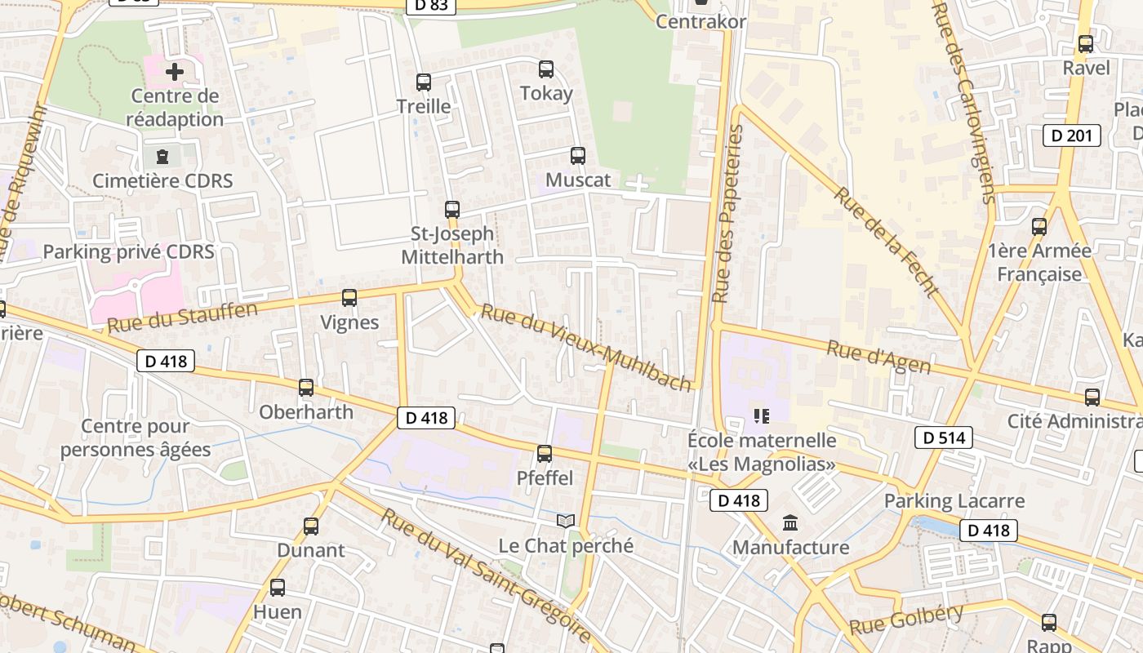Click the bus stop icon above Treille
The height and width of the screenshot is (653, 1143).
point(423,82)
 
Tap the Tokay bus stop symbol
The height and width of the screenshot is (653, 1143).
point(546,69)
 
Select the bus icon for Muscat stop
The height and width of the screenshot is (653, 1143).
point(578,156)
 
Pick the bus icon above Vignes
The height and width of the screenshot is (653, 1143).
point(349,298)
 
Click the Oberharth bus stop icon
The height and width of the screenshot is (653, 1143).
point(306,388)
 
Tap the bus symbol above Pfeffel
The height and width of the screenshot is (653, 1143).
point(545,454)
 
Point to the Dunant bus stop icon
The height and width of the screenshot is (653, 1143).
point(311,526)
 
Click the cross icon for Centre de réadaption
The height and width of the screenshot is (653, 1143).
point(175,72)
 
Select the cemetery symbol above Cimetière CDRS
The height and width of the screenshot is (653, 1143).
point(162,156)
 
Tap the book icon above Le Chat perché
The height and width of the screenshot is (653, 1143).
point(566,521)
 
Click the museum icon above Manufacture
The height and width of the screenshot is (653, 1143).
point(790,522)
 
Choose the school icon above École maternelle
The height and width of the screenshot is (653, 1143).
point(762,416)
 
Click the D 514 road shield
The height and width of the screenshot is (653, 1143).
point(943,438)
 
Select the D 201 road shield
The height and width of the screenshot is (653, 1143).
point(1071,135)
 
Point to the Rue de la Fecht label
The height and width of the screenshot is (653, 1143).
point(887,242)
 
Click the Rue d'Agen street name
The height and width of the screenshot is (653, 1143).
point(878,358)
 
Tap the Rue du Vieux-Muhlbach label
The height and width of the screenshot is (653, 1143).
point(585,347)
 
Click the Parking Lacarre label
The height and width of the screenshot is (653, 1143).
point(954,500)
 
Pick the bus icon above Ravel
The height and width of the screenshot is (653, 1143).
point(1086,44)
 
